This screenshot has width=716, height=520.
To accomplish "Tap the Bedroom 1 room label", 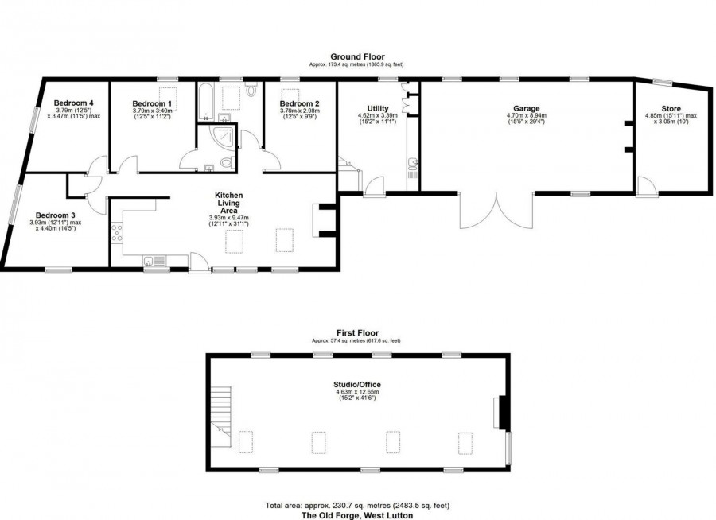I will pyautogui.click(x=152, y=103).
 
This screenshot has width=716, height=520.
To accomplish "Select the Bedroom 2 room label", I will pyautogui.click(x=300, y=103).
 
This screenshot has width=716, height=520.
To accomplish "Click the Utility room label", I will pyautogui.click(x=377, y=108).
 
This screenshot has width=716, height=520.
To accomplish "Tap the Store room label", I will pyautogui.click(x=671, y=108).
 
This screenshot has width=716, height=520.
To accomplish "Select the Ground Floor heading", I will pyautogui.click(x=357, y=56).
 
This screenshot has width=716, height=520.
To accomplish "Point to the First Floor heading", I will pyautogui.click(x=357, y=333).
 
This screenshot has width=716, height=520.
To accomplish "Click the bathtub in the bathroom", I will pyautogui.click(x=204, y=100).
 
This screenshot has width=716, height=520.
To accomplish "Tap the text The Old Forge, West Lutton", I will pyautogui.click(x=357, y=515).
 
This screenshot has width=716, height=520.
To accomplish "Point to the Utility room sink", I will pyautogui.click(x=413, y=165).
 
